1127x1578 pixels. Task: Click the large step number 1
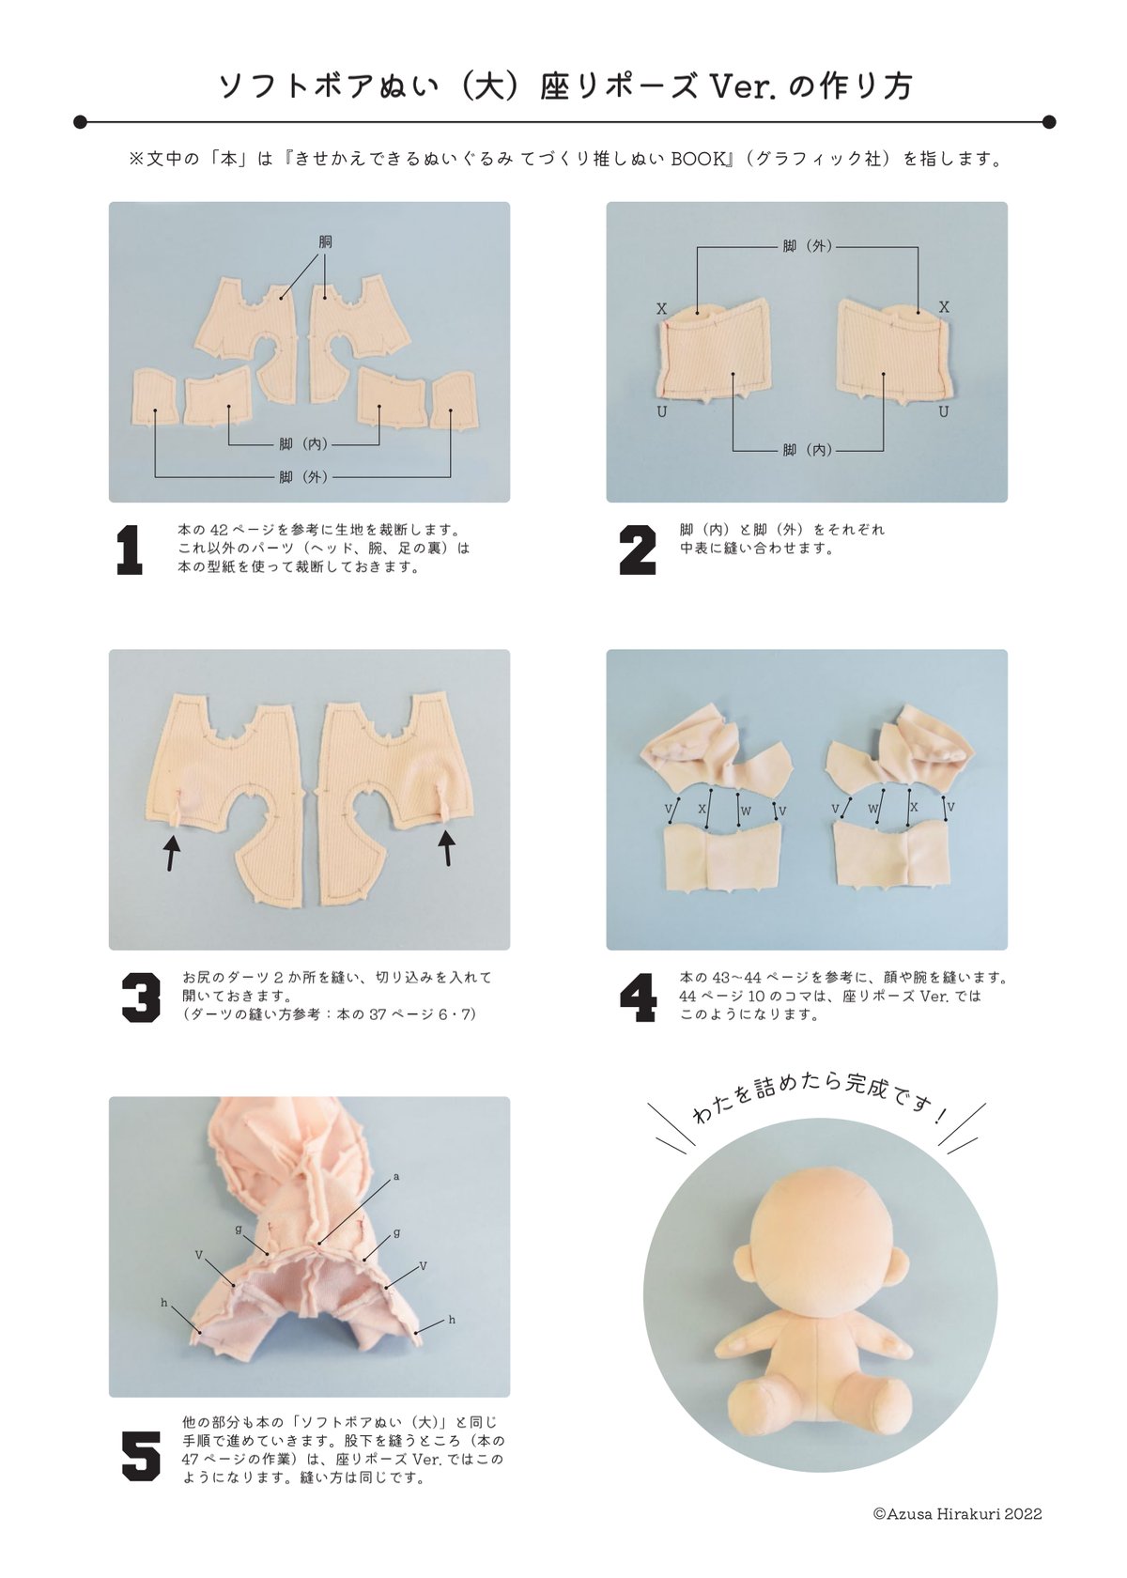[x=130, y=549]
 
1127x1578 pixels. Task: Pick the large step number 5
[x=141, y=1455]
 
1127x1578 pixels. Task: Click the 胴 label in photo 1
[x=325, y=242]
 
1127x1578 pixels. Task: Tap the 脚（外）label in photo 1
[x=302, y=477]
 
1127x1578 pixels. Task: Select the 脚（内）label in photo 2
[x=808, y=449]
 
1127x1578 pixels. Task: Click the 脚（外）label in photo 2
[x=808, y=246]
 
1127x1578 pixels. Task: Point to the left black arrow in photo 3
[x=171, y=853]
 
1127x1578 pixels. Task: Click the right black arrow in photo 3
[x=447, y=847]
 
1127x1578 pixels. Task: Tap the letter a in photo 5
[x=396, y=1176]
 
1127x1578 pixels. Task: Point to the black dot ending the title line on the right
[x=1048, y=122]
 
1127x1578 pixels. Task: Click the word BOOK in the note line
[x=698, y=160]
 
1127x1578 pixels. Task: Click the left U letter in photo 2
[x=661, y=412]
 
